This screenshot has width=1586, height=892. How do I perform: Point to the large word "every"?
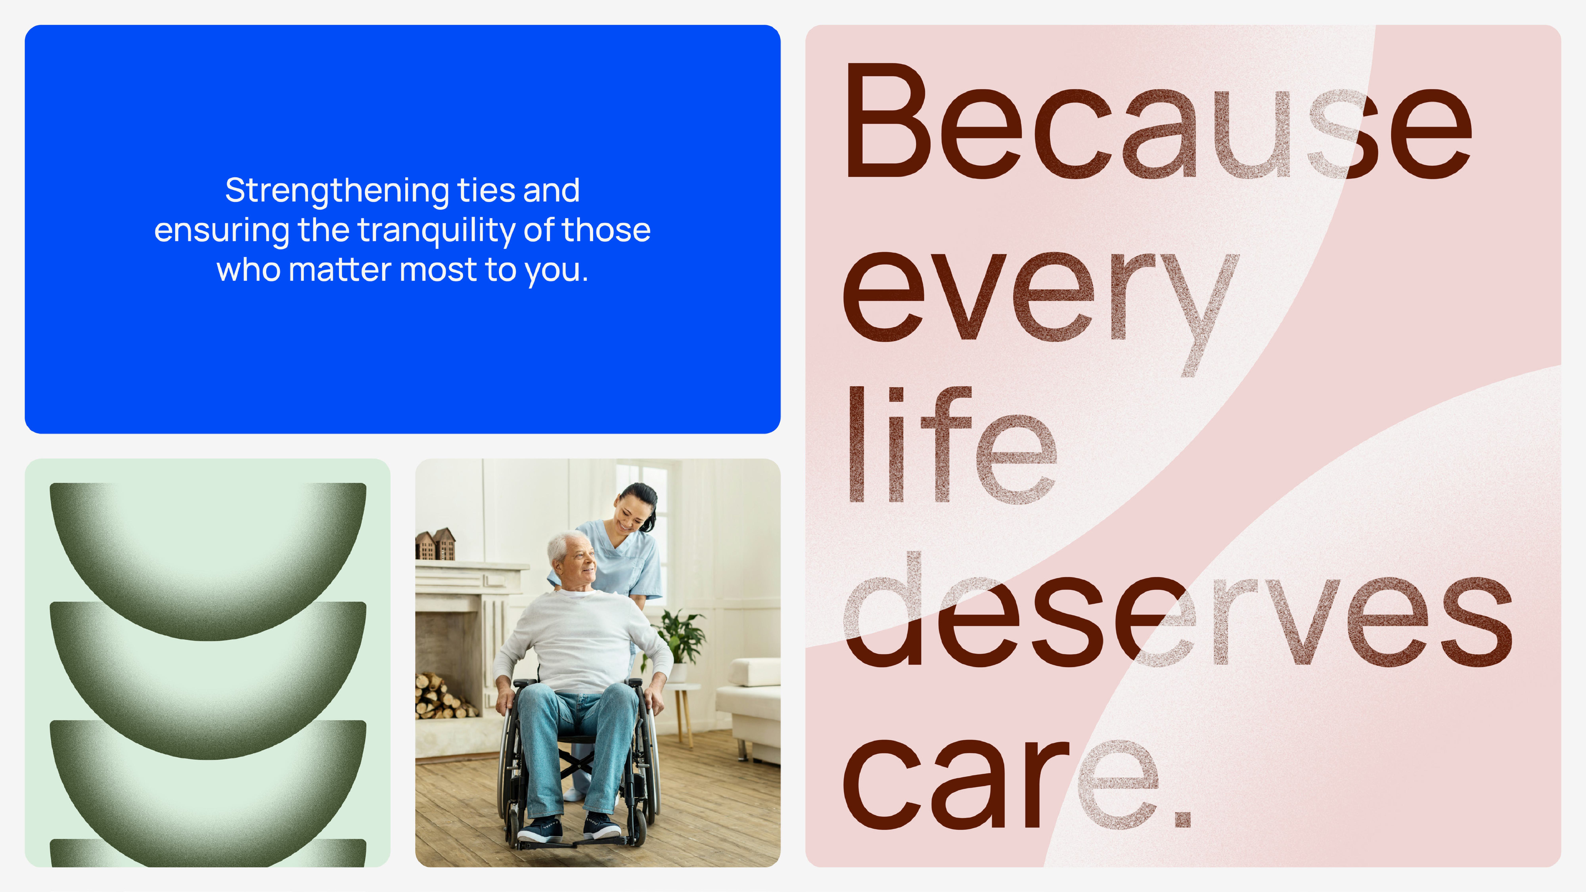click(1040, 314)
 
